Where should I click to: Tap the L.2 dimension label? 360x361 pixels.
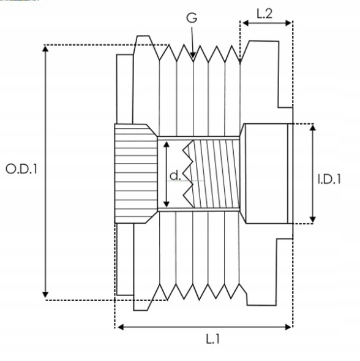[x=264, y=13]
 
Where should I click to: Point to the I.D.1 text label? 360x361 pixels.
[x=329, y=179]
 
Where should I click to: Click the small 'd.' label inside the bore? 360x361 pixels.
[x=175, y=176]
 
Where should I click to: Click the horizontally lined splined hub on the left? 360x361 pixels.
[x=133, y=174]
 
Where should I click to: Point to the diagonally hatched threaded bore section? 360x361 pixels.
[x=217, y=175]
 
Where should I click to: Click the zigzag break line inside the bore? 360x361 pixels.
[x=187, y=175]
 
